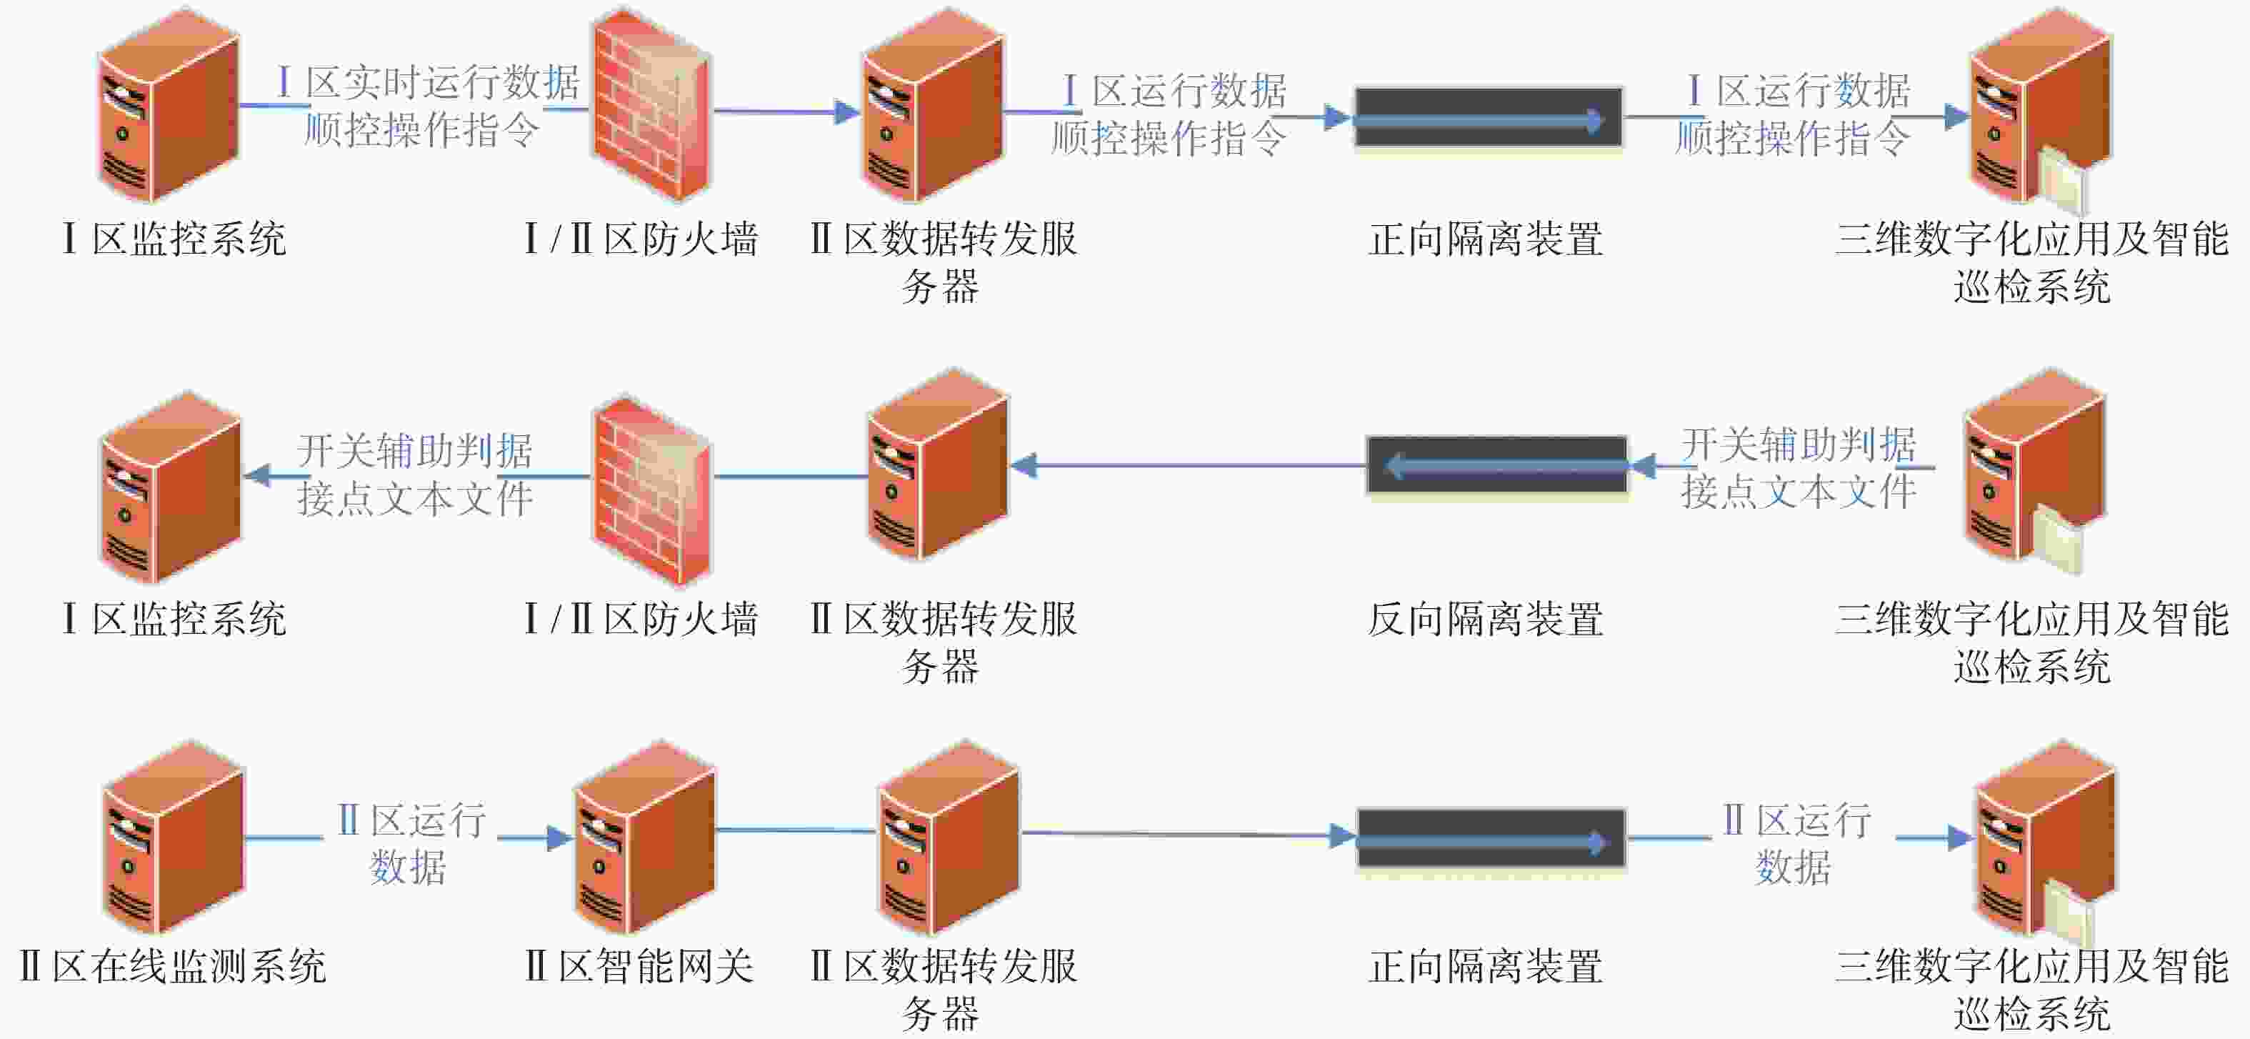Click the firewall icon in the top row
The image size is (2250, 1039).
651,105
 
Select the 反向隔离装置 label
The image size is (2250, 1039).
1486,620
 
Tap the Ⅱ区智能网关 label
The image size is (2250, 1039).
639,967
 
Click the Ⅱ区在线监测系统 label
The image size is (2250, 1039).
173,967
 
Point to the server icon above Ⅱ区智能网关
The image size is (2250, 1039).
644,837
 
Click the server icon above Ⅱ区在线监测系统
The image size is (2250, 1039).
173,837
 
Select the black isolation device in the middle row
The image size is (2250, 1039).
1497,466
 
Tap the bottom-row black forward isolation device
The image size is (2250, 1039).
1491,838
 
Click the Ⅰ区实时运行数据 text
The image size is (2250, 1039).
429,83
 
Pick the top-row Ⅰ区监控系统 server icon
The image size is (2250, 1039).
169,105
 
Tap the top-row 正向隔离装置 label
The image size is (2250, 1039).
1486,239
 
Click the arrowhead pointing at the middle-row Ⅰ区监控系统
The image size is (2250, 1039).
257,475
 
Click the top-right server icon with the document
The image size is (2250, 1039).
2041,109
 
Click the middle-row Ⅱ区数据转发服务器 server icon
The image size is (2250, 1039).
937,465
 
